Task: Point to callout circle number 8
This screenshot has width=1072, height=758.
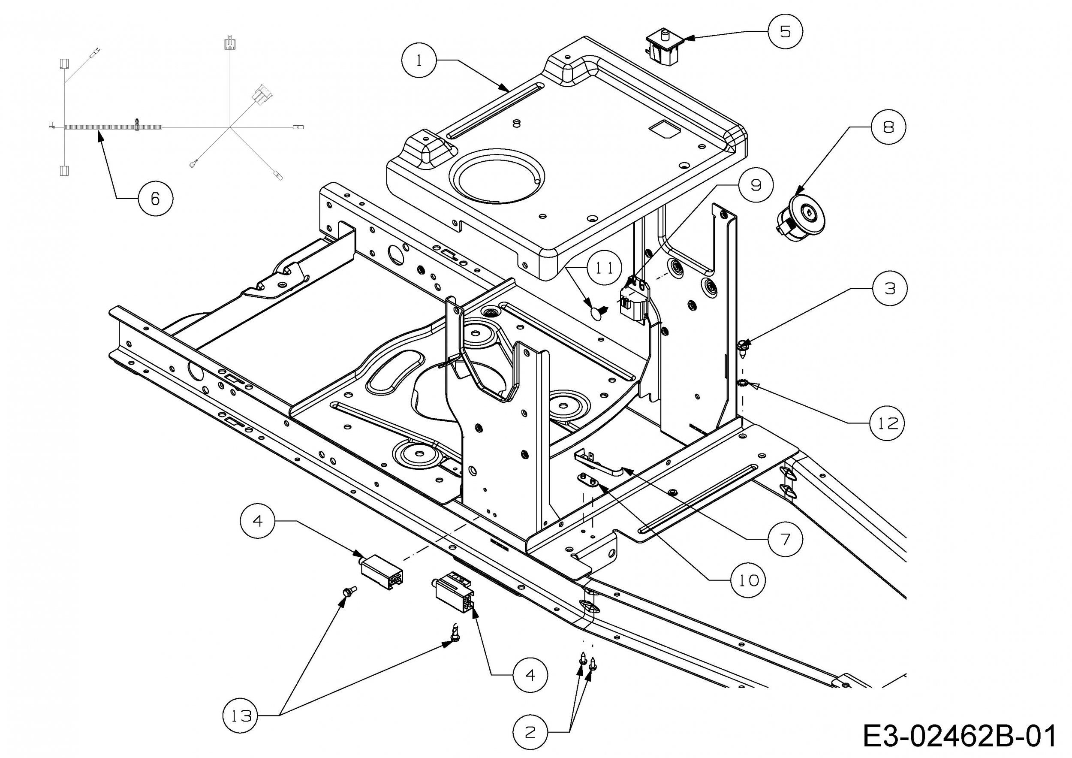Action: click(888, 127)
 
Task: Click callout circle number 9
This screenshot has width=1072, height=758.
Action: click(756, 185)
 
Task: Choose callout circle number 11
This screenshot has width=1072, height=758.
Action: click(605, 268)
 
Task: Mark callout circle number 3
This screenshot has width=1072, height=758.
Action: click(890, 288)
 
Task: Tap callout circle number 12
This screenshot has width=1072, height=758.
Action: click(887, 423)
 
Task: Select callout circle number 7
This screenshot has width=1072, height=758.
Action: click(785, 539)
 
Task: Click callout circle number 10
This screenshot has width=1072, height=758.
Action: click(748, 580)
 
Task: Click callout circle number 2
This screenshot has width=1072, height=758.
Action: click(530, 732)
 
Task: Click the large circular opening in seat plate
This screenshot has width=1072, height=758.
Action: click(498, 176)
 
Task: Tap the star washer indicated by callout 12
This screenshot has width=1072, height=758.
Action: click(741, 384)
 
